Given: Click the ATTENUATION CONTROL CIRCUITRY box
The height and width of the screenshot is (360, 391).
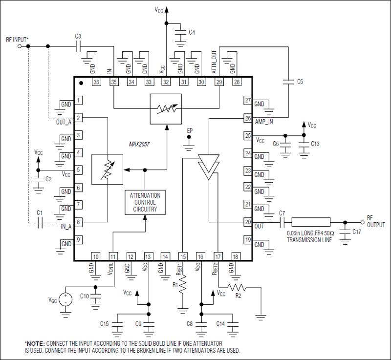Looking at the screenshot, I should (x=145, y=202).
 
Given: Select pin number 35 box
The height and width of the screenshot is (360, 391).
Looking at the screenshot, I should (x=113, y=82).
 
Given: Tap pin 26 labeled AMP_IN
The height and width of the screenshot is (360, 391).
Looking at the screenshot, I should (x=247, y=118).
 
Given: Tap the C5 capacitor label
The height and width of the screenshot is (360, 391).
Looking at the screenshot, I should (x=301, y=82).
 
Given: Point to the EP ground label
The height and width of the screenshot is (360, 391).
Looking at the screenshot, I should (x=190, y=131).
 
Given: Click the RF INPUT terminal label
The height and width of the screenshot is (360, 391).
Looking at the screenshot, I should (x=17, y=40).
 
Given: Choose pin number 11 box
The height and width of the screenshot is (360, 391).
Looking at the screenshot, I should (x=113, y=256).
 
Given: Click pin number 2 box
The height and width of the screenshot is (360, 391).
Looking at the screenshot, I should (x=78, y=118).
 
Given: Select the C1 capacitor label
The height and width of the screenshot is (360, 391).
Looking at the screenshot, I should (x=40, y=213).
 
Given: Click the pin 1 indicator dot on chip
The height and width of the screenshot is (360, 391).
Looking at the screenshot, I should (x=82, y=84).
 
